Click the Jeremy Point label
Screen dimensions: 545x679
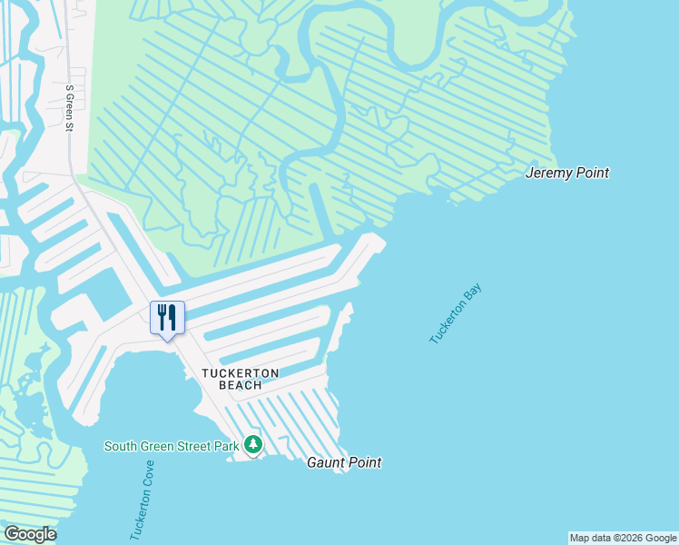[567, 173]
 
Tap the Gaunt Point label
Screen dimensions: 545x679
[343, 462]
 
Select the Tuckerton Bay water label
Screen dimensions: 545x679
[455, 314]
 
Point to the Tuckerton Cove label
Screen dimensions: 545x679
[142, 500]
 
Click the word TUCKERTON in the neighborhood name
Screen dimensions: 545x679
[240, 373]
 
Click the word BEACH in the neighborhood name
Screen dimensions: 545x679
[240, 385]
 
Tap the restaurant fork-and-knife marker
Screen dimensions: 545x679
[167, 317]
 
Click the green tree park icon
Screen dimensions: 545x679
[253, 445]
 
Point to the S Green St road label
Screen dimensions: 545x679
[69, 108]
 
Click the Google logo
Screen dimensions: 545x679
[30, 534]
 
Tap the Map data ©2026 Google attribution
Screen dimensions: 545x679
[623, 538]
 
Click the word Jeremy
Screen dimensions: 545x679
[548, 173]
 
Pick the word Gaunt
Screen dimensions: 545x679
[324, 462]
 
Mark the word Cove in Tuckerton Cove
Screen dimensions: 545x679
[147, 474]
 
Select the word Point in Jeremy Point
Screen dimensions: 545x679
[591, 173]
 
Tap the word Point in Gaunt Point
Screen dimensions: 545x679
[363, 462]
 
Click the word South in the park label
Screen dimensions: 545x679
[121, 446]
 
